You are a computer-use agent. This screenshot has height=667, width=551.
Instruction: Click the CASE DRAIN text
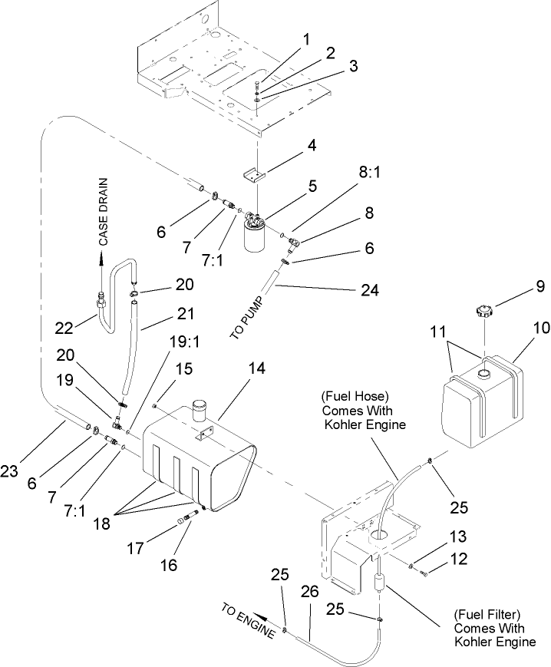(103, 211)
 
